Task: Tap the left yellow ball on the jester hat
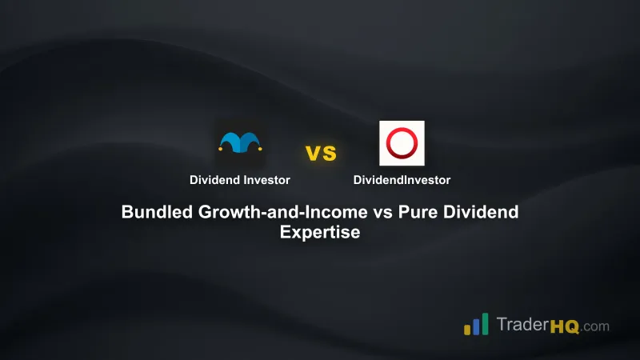coord(221,148)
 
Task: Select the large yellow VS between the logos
coord(320,152)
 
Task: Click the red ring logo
coord(402,143)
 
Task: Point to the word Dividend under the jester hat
coord(214,180)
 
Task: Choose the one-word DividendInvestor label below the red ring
coord(402,180)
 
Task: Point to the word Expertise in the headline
coord(320,233)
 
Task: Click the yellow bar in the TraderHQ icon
coord(466,329)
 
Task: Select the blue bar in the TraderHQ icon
coord(475,324)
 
